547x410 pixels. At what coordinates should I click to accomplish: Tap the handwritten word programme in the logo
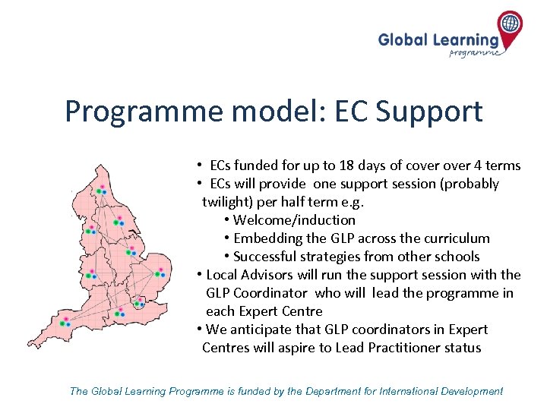point(475,53)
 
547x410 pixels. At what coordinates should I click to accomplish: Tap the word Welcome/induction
point(294,220)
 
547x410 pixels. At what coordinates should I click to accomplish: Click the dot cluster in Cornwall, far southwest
point(64,323)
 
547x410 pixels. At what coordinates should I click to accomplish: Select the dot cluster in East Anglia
point(159,274)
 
